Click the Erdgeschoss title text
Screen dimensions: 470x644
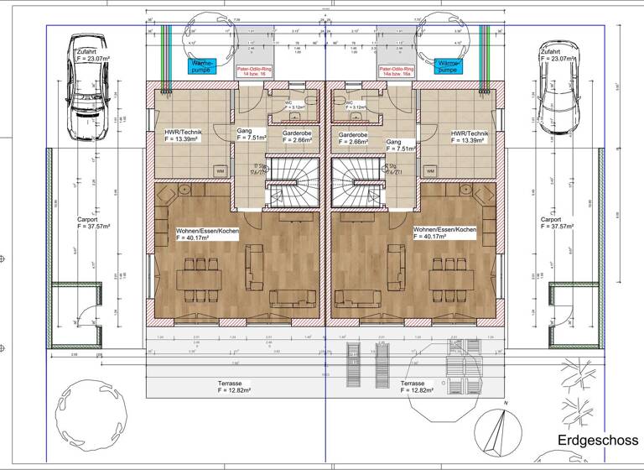tap(597, 441)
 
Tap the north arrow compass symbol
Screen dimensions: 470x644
tap(502, 428)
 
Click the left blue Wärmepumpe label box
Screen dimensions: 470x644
tap(201, 65)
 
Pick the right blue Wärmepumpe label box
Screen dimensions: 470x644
tap(449, 65)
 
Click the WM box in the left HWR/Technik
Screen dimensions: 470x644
tap(220, 171)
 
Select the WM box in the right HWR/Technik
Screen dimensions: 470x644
tap(430, 171)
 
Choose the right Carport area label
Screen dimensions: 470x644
tap(557, 222)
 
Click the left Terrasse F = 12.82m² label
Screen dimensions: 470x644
tap(227, 387)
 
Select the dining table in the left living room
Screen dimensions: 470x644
tap(200, 278)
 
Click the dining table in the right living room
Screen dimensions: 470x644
tap(449, 278)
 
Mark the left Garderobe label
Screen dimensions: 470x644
tap(298, 137)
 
